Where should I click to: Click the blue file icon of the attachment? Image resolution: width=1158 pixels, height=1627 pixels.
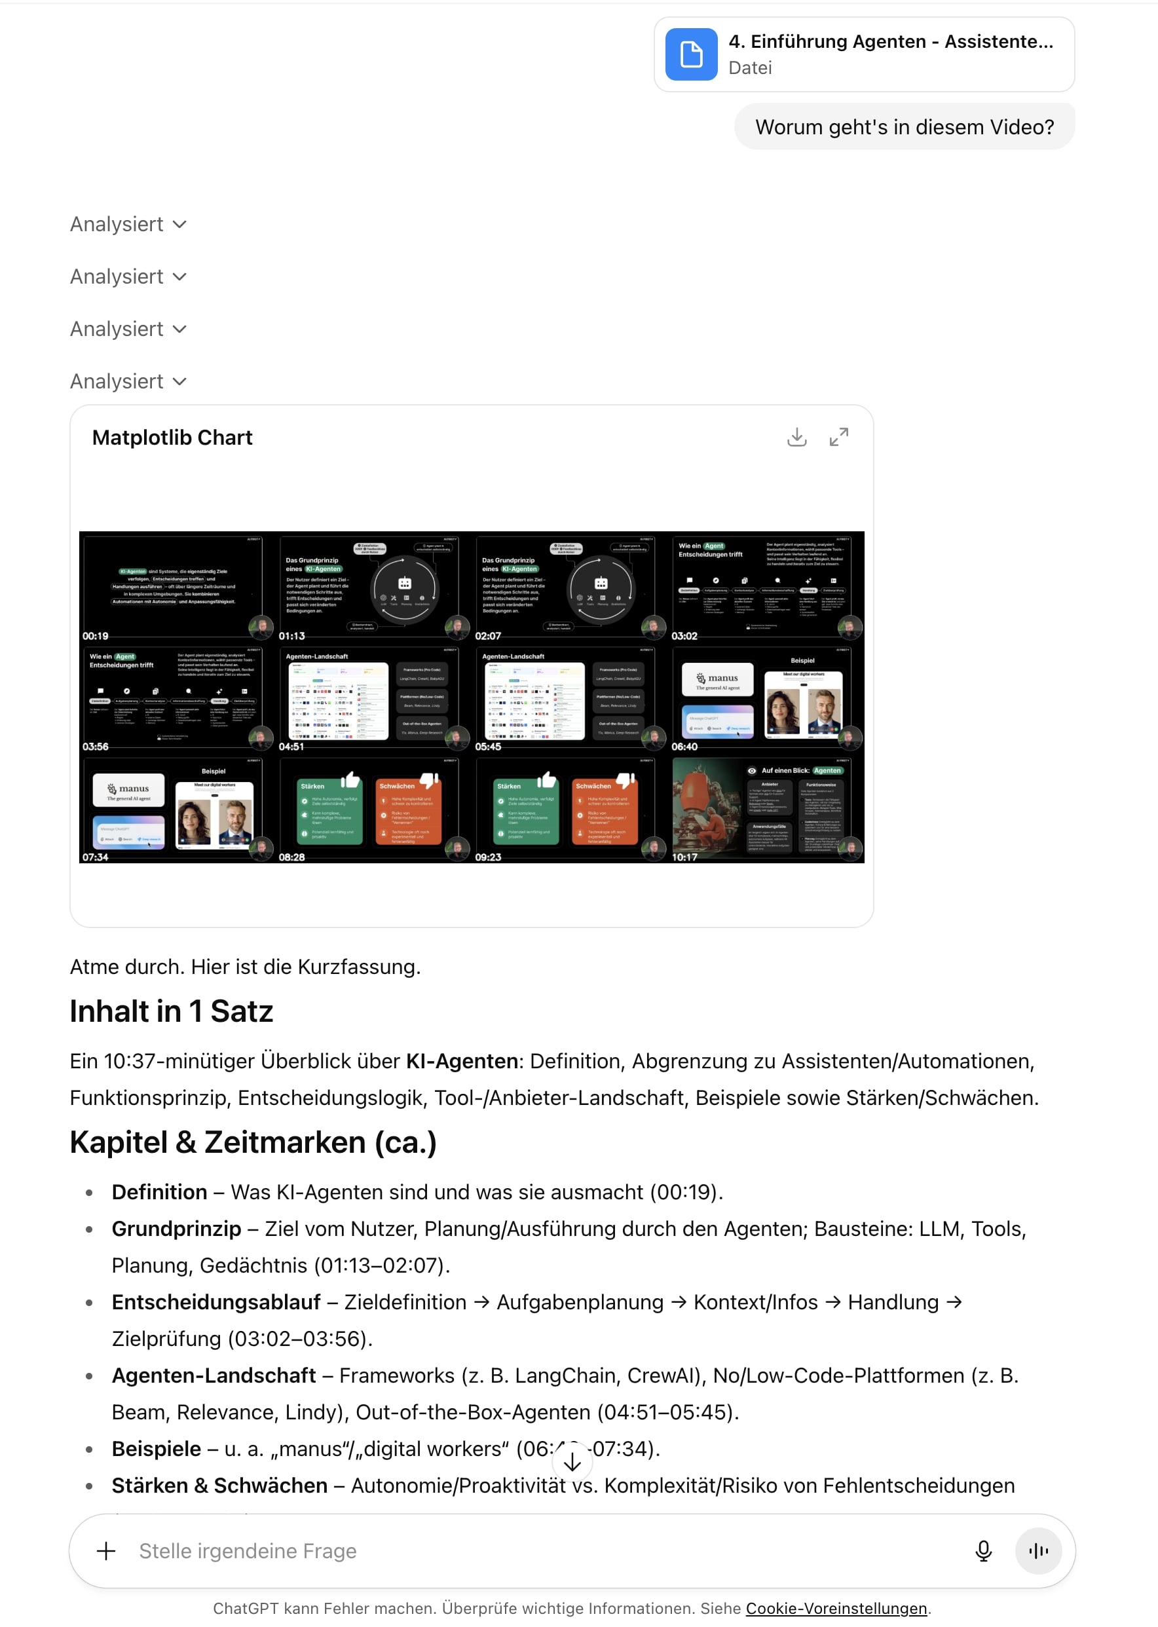[691, 54]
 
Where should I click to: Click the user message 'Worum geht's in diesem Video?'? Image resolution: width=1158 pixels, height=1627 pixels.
[904, 127]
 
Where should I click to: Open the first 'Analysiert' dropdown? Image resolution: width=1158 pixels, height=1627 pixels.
[128, 225]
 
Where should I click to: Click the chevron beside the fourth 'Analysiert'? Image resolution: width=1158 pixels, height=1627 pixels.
[179, 381]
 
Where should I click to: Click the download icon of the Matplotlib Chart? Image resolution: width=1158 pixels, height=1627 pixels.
[796, 437]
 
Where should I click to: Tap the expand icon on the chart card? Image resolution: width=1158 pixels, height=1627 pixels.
[838, 437]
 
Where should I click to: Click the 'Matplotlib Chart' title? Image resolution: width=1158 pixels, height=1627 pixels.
[172, 437]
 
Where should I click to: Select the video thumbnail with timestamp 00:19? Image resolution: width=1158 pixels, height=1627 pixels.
[176, 587]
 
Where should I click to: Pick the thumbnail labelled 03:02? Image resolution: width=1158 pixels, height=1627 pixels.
[766, 587]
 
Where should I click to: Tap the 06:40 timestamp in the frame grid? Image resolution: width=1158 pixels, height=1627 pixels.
[684, 747]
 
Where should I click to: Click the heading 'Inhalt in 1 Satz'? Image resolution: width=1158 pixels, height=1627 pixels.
[171, 1011]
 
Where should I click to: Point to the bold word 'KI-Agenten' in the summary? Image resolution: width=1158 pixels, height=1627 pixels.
[461, 1061]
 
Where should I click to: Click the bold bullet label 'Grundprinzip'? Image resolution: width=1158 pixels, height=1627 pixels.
[176, 1229]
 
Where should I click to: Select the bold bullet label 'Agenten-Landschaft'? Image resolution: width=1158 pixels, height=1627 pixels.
[214, 1375]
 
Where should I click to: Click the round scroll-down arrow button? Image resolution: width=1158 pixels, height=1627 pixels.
[572, 1461]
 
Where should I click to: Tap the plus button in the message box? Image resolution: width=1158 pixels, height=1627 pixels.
[106, 1551]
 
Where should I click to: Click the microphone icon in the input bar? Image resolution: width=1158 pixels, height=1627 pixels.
[982, 1551]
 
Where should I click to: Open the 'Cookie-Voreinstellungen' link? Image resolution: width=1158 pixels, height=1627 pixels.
[836, 1609]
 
